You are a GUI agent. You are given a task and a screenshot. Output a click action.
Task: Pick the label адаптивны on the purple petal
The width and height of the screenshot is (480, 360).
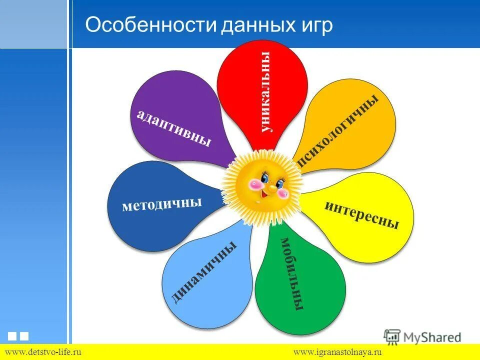tap(173, 128)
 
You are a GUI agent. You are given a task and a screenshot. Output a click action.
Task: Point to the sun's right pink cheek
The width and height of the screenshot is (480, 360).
tap(282, 192)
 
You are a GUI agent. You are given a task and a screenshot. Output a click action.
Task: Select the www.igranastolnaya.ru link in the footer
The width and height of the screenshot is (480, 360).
tap(337, 352)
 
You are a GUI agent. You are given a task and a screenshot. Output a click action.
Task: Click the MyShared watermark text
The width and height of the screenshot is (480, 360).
tap(433, 337)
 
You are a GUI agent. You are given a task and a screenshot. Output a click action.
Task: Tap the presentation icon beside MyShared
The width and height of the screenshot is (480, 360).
tap(392, 336)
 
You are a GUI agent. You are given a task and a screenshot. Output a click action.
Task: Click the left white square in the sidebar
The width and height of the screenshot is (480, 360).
tap(12, 336)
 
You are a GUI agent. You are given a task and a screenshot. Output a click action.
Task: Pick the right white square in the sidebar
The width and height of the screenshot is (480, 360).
tap(24, 336)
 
